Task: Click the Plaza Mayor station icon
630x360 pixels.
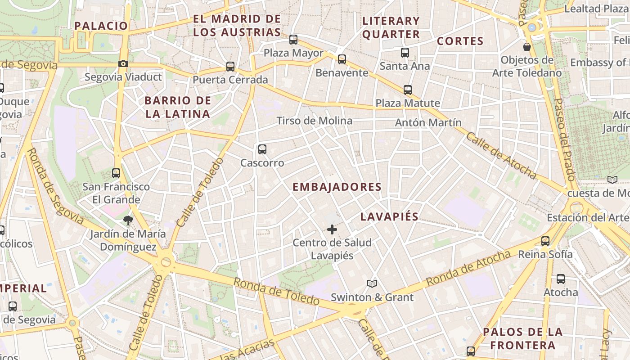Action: point(293,40)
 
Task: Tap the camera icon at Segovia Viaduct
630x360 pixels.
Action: point(123,64)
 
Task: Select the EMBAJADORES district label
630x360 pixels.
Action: point(337,187)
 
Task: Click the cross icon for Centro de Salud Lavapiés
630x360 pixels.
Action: point(332,229)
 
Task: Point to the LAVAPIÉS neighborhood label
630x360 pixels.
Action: point(389,216)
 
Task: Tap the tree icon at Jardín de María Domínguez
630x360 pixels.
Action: point(128,220)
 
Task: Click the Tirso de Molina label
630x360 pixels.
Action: point(314,121)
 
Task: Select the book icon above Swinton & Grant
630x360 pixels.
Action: point(372,283)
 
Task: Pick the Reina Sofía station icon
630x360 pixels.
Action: point(545,241)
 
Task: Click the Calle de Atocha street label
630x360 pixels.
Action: point(500,156)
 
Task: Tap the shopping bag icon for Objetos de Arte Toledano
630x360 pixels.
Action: point(526,46)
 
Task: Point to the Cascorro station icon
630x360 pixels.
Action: point(262,149)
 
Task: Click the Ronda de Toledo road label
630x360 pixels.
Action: point(276,291)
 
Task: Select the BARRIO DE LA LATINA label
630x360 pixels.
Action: point(178,107)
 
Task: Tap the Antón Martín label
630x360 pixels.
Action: point(428,122)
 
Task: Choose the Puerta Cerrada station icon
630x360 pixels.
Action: point(230,67)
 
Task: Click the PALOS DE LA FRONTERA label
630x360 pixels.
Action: point(522,338)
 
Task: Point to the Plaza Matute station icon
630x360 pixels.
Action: point(408,90)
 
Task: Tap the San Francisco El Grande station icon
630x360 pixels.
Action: point(116,173)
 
